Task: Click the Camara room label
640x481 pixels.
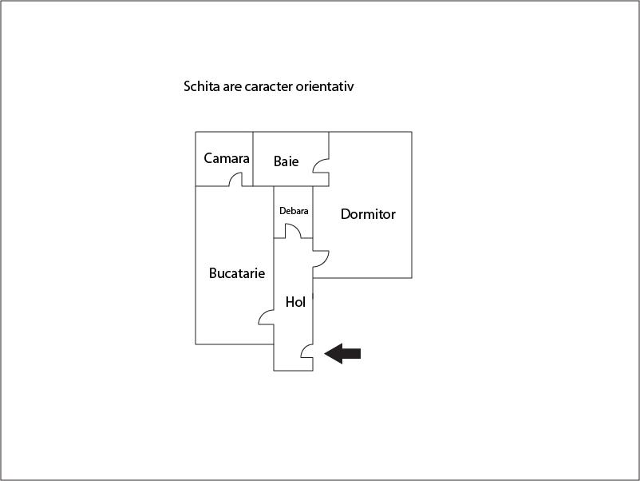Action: tap(227, 158)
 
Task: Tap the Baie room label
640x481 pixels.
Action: tap(286, 161)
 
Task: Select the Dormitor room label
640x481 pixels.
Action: tap(368, 214)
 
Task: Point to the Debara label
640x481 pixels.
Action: tap(294, 211)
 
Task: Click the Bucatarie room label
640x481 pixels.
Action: tap(237, 273)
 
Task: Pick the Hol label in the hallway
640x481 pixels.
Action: tap(295, 302)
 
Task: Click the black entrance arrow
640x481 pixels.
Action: tap(342, 353)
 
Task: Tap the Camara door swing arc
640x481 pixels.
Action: tap(235, 180)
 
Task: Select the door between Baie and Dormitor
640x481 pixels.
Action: tap(321, 165)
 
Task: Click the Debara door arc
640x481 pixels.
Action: tap(293, 231)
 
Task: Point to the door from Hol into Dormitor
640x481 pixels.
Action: tap(321, 259)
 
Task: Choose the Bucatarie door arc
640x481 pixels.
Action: tap(266, 317)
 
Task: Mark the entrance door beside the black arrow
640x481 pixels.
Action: tap(307, 352)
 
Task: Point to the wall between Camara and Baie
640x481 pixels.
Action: tap(253, 159)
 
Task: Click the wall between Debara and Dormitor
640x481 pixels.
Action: tap(313, 212)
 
